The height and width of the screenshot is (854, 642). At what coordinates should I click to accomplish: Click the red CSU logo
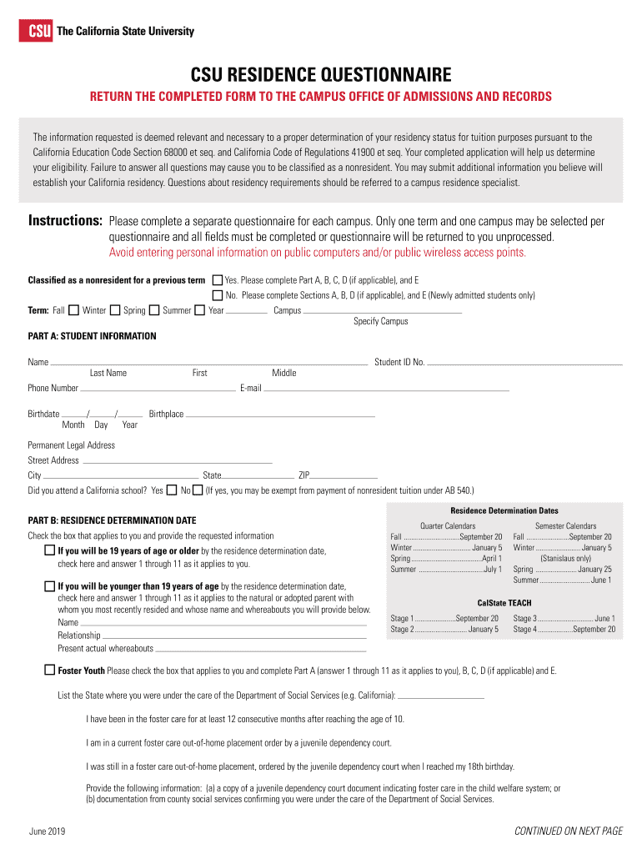[36, 31]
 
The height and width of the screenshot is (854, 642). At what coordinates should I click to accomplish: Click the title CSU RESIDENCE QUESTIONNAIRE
[321, 74]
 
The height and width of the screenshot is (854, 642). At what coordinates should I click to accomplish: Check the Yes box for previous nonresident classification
[218, 280]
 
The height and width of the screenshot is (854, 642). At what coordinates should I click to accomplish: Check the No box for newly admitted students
[218, 295]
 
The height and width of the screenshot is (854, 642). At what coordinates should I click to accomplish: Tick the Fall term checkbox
[73, 310]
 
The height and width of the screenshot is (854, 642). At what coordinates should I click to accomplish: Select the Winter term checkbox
[115, 310]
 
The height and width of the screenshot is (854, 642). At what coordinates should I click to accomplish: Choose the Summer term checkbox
[199, 310]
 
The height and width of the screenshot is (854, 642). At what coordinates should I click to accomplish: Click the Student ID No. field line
[525, 363]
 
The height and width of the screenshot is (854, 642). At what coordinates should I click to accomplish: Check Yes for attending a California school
[171, 490]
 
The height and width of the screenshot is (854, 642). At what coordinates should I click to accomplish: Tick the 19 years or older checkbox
[50, 551]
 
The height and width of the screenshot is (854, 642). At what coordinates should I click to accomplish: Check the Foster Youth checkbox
[50, 670]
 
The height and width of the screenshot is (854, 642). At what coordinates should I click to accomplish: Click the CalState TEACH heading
[504, 603]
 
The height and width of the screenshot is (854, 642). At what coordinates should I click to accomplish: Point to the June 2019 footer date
[47, 831]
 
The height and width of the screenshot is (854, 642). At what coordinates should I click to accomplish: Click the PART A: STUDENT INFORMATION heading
[92, 336]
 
